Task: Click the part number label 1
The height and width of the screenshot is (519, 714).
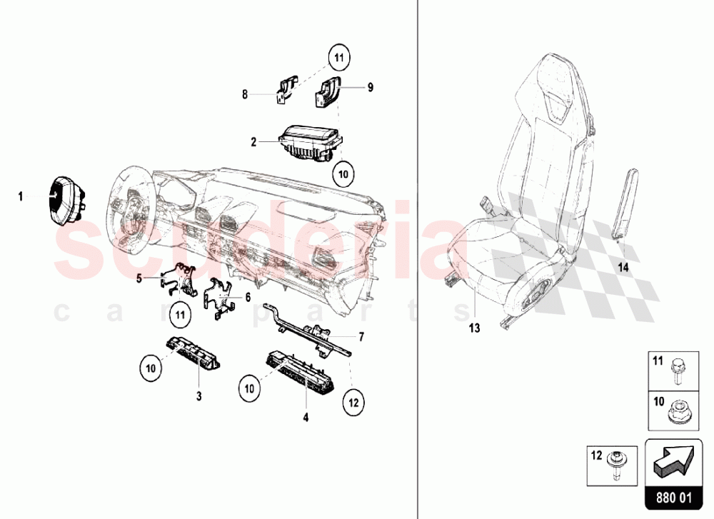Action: pos(20,194)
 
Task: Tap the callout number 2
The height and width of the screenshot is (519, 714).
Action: pos(253,142)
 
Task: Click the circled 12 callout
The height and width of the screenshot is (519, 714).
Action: pos(353,402)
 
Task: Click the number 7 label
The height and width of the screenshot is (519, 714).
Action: pos(361,336)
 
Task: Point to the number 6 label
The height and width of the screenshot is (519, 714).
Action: pos(248,296)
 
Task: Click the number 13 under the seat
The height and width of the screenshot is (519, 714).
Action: pos(474,328)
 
